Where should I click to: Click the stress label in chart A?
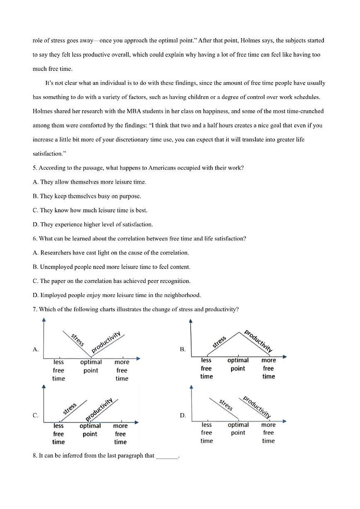78,340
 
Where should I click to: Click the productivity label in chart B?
258,341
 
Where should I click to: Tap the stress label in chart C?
70,408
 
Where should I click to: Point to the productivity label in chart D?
257,407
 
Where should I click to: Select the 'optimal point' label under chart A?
91,366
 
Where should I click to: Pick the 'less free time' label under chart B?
207,368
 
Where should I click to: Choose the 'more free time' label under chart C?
120,434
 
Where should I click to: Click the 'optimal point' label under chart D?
238,429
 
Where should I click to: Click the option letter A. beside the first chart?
36,350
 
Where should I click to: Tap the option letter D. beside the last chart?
183,415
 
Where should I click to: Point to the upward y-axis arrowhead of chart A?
44,320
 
